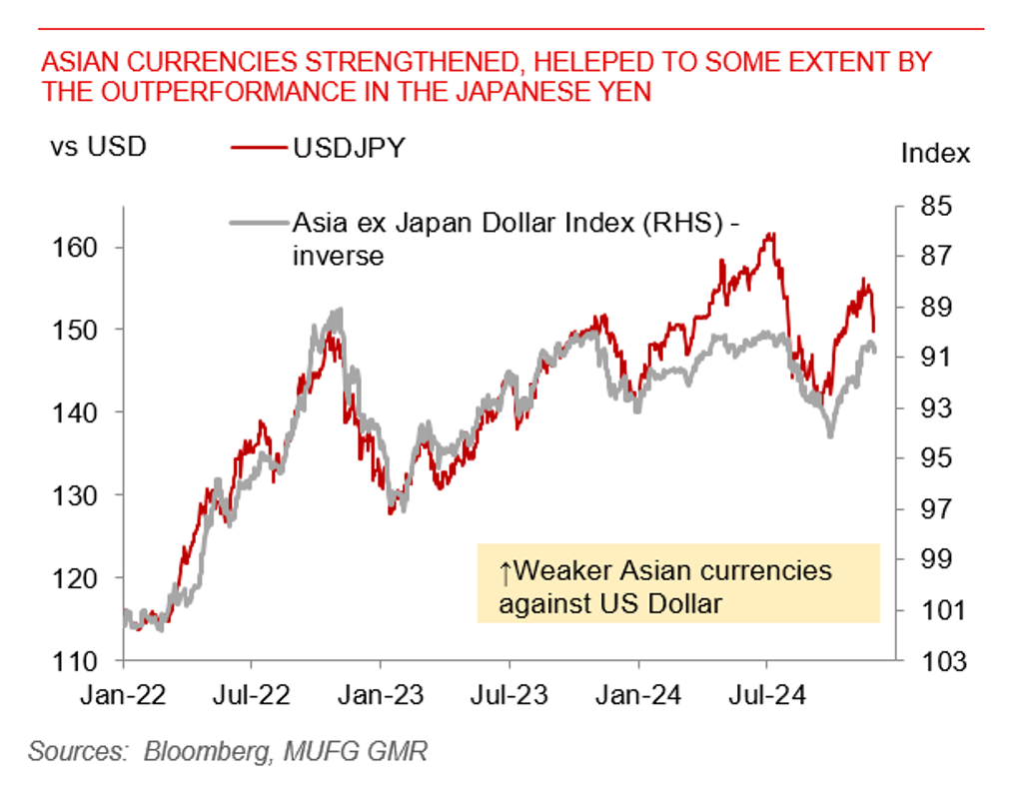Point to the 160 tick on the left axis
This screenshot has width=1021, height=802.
pos(83,247)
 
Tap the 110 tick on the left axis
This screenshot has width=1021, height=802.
pos(83,660)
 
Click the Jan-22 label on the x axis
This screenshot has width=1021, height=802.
pos(124,694)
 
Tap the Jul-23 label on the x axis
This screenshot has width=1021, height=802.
pos(510,694)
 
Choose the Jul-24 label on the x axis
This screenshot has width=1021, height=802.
pos(767,694)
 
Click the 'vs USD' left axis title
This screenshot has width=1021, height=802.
pos(98,147)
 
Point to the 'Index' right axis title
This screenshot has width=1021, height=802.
pos(935,153)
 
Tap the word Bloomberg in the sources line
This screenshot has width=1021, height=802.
pos(202,751)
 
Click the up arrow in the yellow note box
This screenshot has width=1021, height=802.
pos(506,571)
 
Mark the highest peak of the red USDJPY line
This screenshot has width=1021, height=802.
pos(769,235)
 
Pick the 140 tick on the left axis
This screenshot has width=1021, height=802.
pos(83,411)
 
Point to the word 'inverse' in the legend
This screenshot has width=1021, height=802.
pos(338,256)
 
